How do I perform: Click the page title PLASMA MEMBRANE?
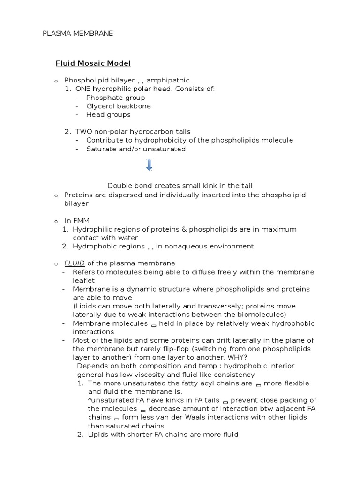[x=78, y=33]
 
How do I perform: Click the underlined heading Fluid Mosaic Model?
[x=93, y=63]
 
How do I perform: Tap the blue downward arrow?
[x=149, y=165]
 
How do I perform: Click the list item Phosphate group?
[x=115, y=97]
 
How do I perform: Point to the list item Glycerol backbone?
[x=119, y=106]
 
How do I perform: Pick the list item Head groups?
[x=108, y=114]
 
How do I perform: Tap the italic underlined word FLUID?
[x=75, y=263]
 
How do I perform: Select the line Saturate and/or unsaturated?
[x=136, y=149]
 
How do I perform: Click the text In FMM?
[x=77, y=221]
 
